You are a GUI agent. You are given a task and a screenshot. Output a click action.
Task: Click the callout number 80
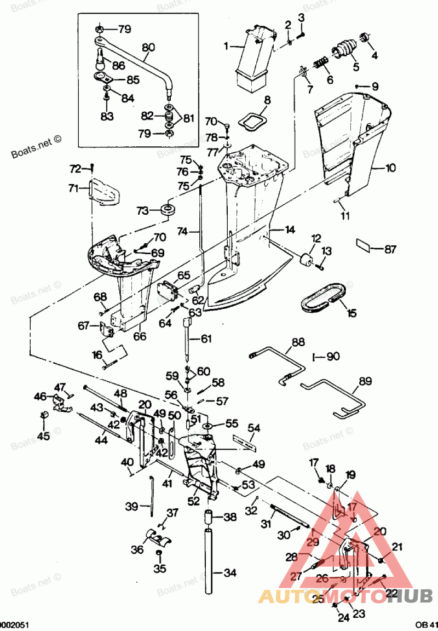click(148, 48)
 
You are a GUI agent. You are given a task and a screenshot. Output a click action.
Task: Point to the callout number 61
click(205, 339)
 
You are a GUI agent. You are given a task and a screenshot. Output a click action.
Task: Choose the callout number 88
click(298, 342)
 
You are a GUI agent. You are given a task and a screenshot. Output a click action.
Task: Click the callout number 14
click(290, 229)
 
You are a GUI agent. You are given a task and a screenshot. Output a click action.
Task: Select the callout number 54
click(254, 427)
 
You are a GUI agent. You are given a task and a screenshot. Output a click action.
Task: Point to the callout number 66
click(140, 336)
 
